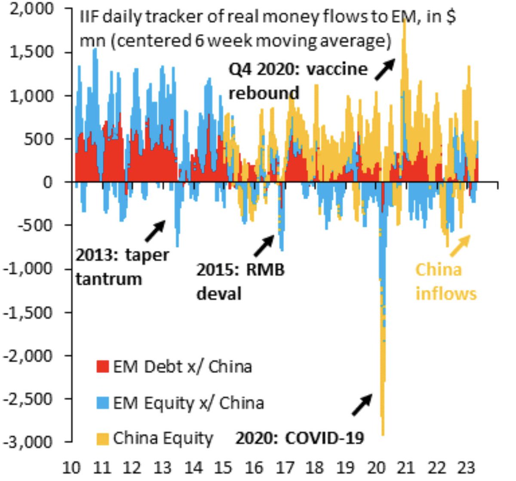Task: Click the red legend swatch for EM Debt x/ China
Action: [x=102, y=367]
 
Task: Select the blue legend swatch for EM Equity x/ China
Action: [x=102, y=403]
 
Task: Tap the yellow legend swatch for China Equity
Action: [x=102, y=438]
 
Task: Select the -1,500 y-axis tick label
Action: [x=29, y=312]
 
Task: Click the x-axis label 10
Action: [x=72, y=467]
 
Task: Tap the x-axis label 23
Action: [x=467, y=467]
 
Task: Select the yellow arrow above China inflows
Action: [x=459, y=246]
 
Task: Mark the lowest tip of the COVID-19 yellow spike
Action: [x=383, y=435]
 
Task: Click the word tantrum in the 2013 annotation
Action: [x=108, y=279]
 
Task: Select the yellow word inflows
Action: [x=446, y=294]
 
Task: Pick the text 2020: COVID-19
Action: [x=300, y=438]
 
